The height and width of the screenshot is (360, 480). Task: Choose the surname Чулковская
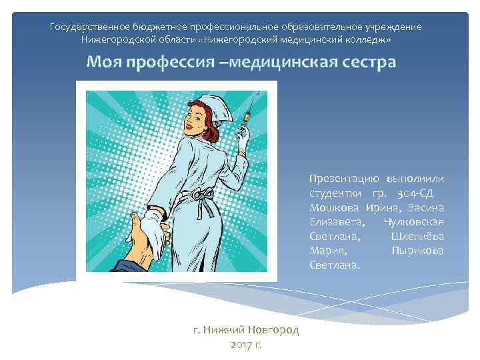(x=414, y=222)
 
